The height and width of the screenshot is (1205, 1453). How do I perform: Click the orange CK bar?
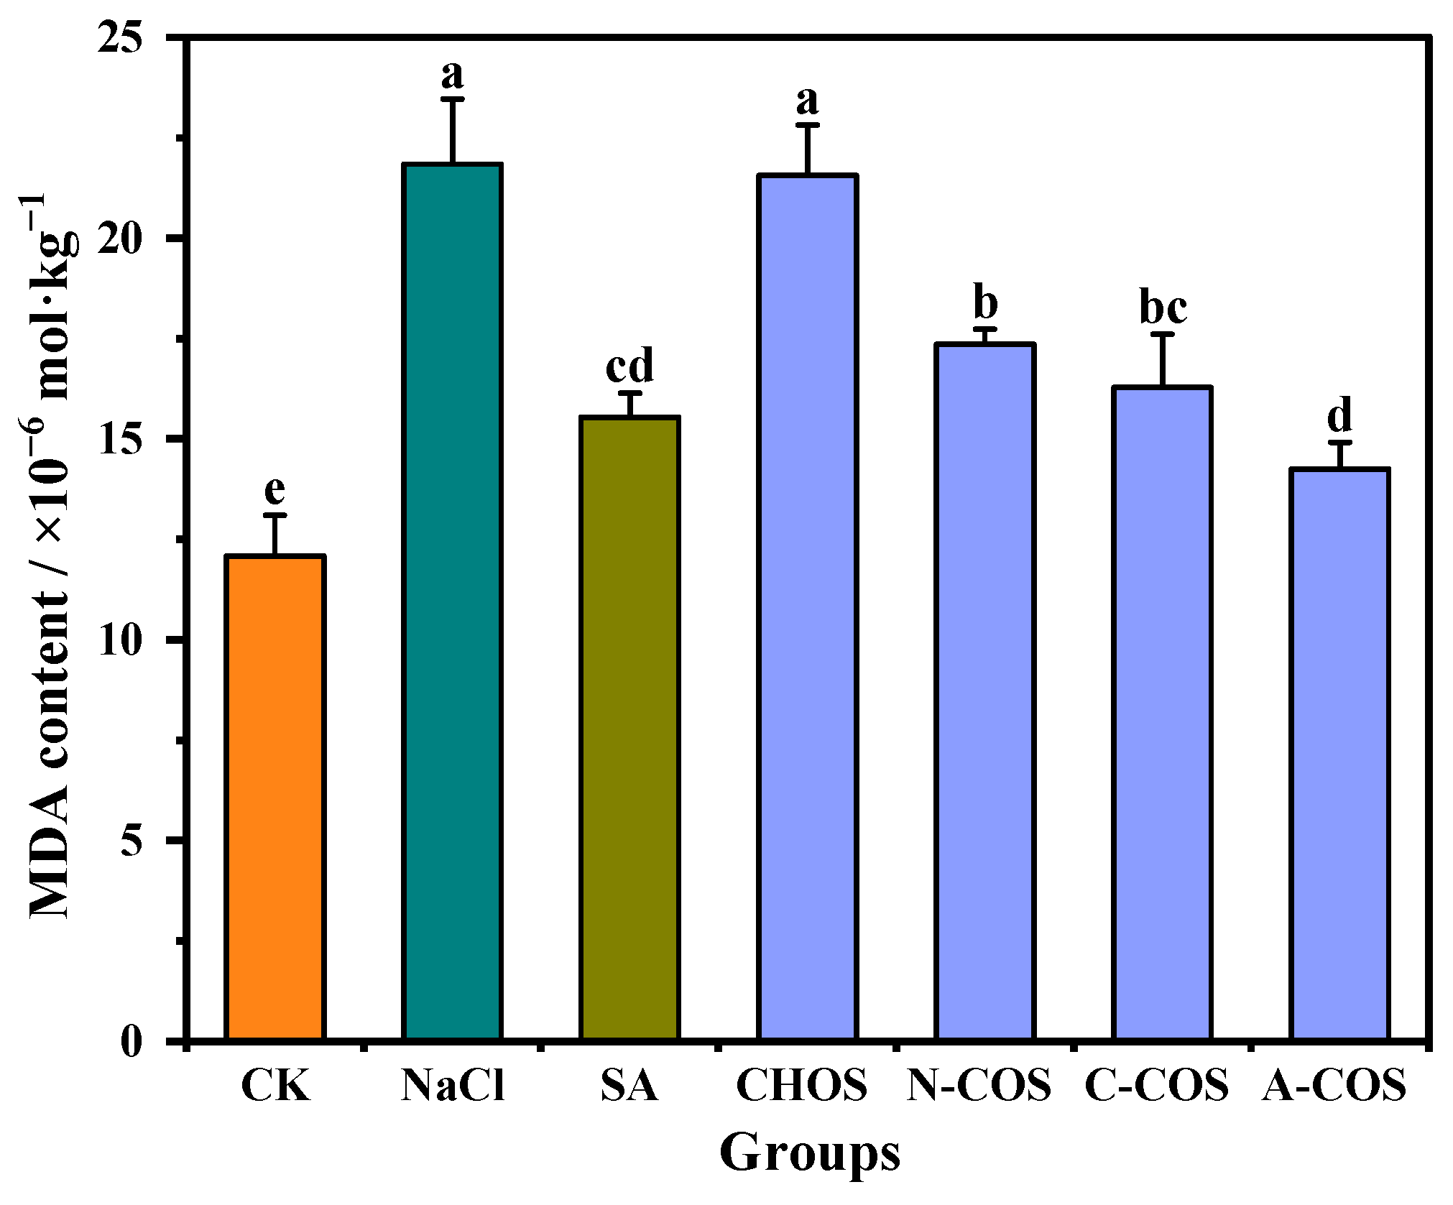[275, 798]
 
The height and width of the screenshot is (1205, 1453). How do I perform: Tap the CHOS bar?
[808, 607]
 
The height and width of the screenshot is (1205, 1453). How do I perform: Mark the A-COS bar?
[1339, 754]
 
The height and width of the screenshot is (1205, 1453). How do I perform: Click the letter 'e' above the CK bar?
[275, 490]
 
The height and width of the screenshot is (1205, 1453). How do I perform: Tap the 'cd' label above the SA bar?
[630, 366]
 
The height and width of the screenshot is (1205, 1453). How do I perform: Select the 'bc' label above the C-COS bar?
[1163, 308]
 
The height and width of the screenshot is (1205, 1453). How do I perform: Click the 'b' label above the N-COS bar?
[985, 302]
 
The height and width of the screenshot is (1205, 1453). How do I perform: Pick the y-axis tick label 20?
[121, 239]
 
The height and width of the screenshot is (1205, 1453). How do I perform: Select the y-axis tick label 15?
[121, 439]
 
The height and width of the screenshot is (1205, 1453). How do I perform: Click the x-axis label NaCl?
[453, 1085]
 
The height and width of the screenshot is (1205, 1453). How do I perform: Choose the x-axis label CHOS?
[802, 1085]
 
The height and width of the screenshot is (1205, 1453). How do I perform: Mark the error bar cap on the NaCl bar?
[453, 99]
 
